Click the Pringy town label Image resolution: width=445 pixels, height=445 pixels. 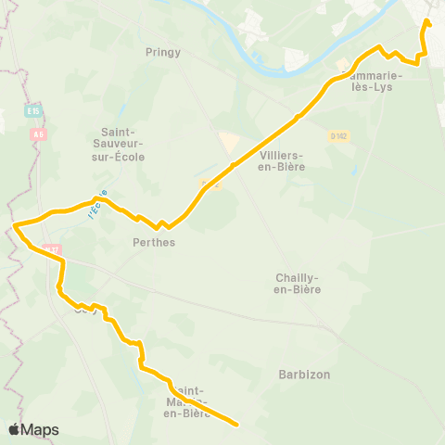click(163, 53)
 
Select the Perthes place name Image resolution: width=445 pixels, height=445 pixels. click(154, 242)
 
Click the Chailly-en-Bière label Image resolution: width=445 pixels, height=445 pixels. click(299, 284)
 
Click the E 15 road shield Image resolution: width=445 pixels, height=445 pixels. click(34, 111)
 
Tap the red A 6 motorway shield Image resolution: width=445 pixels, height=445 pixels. click(38, 133)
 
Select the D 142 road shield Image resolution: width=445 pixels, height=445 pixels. click(337, 135)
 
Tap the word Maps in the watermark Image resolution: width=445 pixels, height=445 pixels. click(41, 429)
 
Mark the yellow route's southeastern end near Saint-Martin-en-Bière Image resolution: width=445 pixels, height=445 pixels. click(237, 425)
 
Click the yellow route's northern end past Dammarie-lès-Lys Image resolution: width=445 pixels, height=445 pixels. click(427, 20)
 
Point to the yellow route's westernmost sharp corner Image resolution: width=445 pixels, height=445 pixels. click(16, 224)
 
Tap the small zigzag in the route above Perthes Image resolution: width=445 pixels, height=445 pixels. click(161, 223)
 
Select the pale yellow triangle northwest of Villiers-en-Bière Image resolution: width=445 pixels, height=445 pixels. click(228, 143)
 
